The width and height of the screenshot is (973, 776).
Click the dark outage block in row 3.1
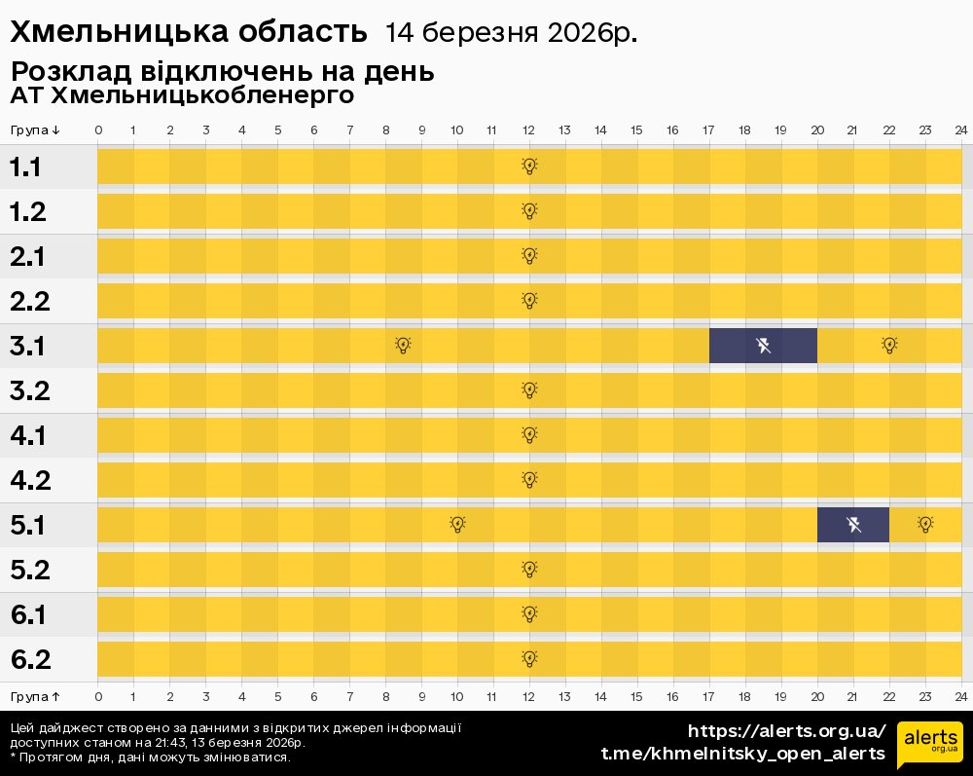[x=763, y=346]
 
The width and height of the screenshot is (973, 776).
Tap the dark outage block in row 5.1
[x=853, y=525]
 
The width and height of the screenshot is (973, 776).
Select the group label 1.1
[x=25, y=167]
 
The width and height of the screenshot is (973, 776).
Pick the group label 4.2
[x=29, y=480]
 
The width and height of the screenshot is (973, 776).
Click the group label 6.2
[x=29, y=659]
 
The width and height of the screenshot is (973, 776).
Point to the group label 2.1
[x=28, y=257]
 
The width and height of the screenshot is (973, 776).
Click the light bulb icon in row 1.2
[x=529, y=210]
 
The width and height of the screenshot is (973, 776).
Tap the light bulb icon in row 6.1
[x=529, y=613]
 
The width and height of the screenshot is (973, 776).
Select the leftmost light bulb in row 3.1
[x=404, y=345]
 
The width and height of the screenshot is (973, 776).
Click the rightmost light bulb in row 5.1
[x=925, y=524]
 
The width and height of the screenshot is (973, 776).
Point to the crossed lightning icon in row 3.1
[x=764, y=345]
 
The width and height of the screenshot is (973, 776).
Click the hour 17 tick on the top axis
[x=708, y=130]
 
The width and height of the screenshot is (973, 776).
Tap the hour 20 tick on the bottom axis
[x=817, y=696]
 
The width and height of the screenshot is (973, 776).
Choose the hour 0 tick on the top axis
[x=98, y=130]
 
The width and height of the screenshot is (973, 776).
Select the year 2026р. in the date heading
[x=593, y=33]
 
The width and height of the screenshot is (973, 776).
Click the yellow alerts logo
[x=930, y=745]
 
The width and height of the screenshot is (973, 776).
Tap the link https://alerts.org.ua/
[x=787, y=731]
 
